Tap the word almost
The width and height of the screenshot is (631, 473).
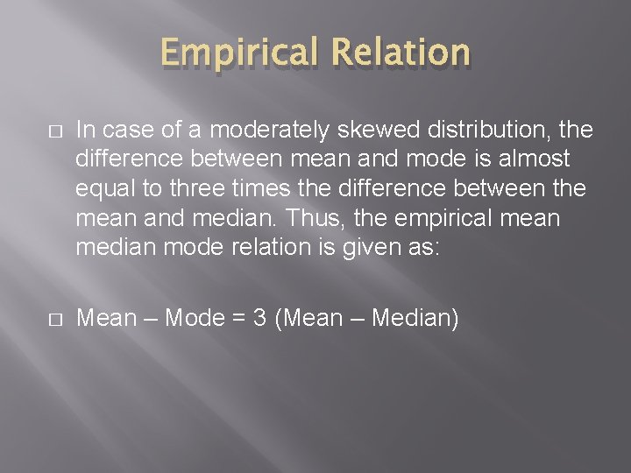531,159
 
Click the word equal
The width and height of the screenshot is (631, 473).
109,187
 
